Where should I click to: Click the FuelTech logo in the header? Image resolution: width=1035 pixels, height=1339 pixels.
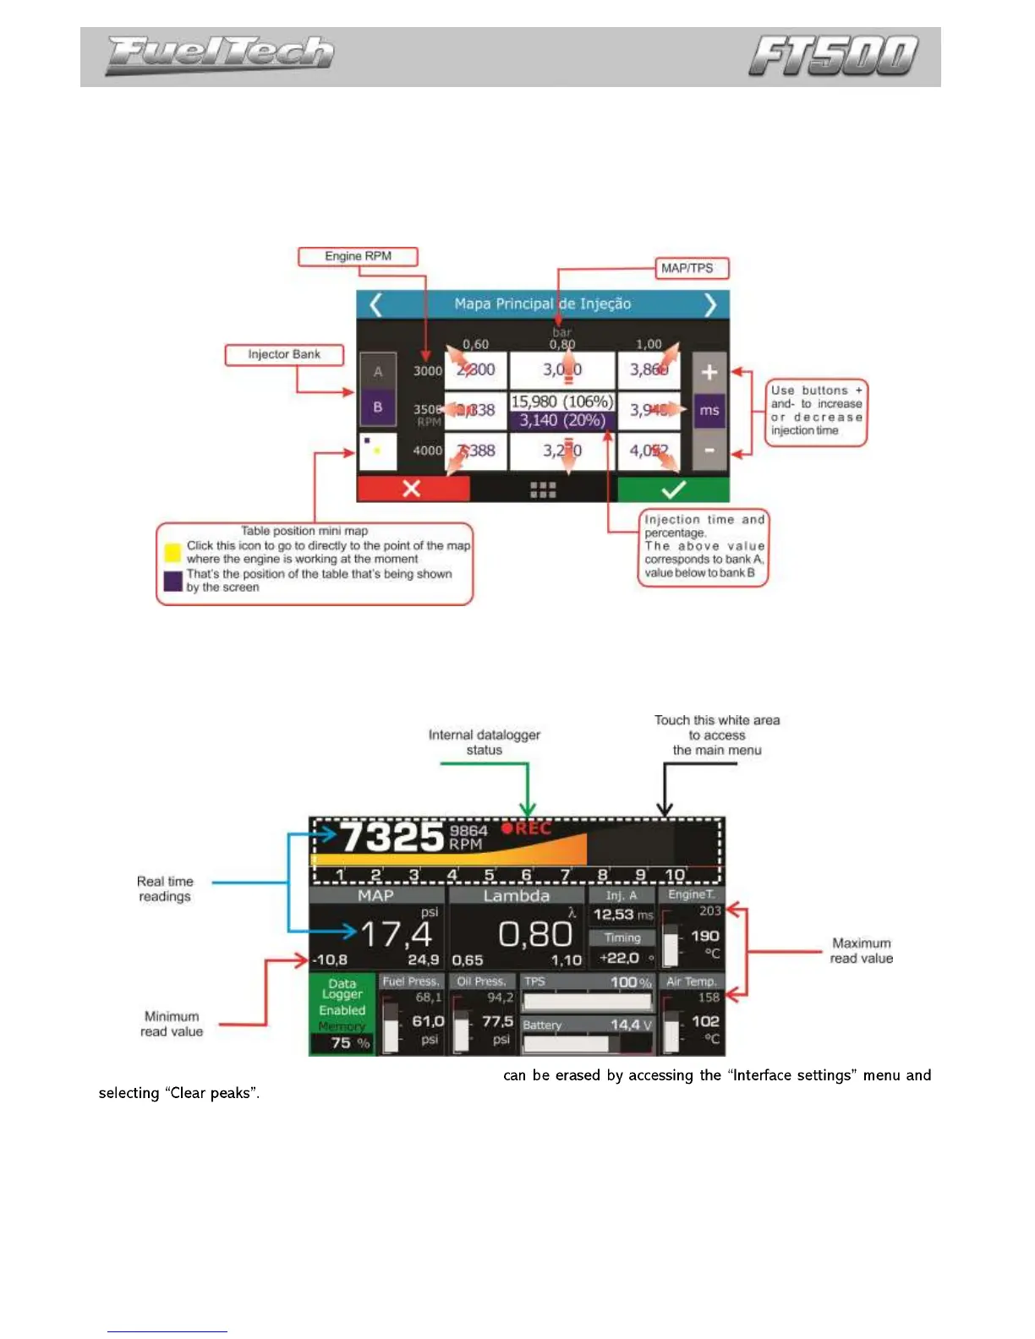pos(220,55)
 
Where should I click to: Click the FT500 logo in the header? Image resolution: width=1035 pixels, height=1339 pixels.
pos(834,56)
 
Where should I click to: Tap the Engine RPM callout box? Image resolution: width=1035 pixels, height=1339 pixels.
pos(358,256)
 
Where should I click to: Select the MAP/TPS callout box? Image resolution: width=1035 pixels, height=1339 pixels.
pos(692,268)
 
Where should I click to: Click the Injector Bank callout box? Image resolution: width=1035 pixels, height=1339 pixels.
pos(284,354)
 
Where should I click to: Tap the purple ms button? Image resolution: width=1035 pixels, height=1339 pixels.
pos(709,411)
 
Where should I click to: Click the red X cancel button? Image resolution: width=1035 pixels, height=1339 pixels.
pos(413,489)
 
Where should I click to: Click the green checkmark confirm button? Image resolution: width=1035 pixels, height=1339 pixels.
pos(673,489)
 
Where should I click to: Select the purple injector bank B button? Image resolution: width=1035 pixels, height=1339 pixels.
pos(378,407)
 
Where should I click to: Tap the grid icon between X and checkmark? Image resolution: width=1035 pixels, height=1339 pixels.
pos(543,489)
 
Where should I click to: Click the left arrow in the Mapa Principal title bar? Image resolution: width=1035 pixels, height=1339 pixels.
pos(376,303)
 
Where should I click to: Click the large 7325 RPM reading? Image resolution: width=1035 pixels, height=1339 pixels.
pos(392,838)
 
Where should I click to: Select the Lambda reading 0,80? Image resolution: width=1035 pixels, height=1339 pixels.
pos(535,934)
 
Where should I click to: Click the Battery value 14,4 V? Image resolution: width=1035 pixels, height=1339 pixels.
pos(631,1025)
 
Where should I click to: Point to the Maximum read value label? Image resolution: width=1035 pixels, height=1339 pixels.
pos(861,950)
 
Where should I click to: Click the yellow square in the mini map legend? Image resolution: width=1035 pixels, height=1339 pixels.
pos(173,553)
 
